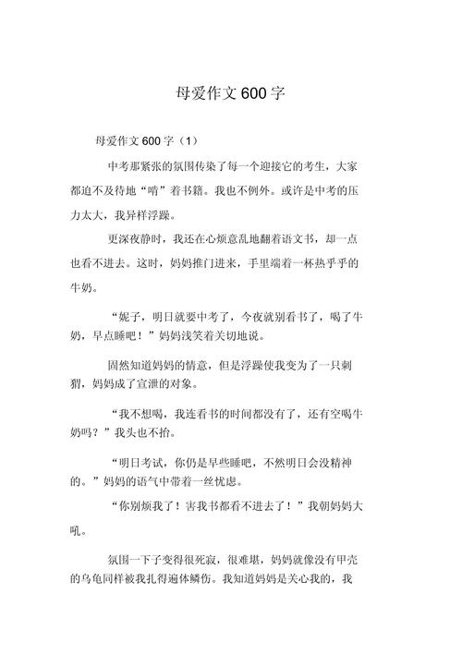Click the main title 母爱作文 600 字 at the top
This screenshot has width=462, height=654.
pos(231,93)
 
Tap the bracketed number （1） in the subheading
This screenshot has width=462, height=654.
pos(187,141)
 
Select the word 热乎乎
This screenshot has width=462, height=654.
pos(340,263)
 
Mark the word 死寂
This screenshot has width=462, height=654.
pos(236,559)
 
